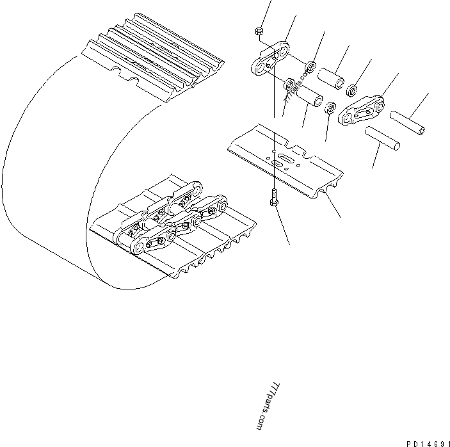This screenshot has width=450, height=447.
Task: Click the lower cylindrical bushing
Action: (x=309, y=99)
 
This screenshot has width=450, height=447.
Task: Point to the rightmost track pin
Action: (x=407, y=124)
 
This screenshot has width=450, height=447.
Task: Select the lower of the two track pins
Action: (x=383, y=139)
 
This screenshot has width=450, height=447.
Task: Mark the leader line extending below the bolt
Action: (x=282, y=227)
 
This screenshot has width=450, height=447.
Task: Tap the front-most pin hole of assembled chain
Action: (x=135, y=246)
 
